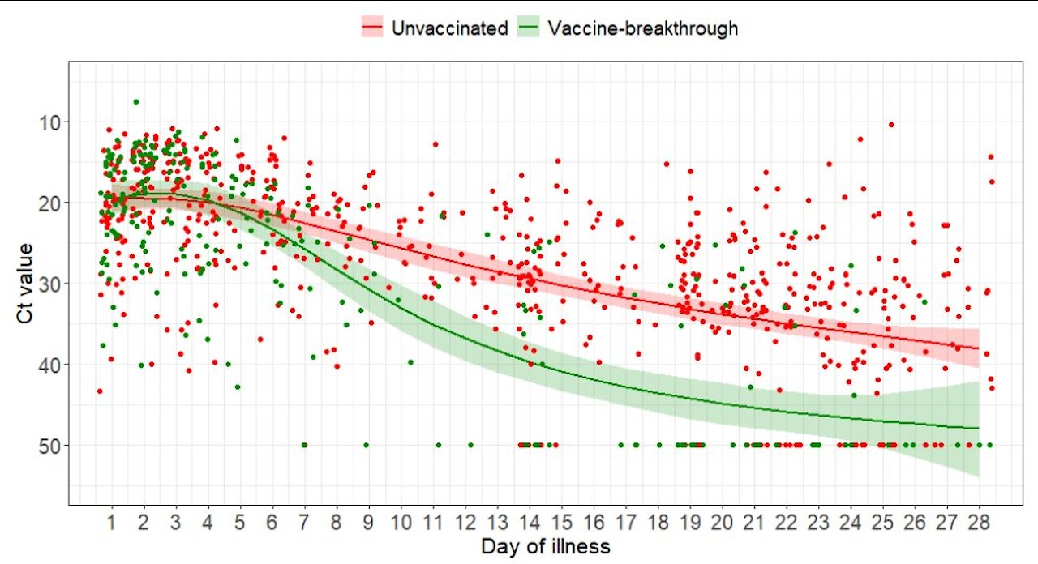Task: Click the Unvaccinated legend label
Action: pyautogui.click(x=449, y=28)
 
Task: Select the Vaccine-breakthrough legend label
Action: pyautogui.click(x=643, y=28)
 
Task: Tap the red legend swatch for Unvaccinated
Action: pyautogui.click(x=373, y=28)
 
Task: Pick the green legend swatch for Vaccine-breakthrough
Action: pyautogui.click(x=529, y=28)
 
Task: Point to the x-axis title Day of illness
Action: pyautogui.click(x=545, y=546)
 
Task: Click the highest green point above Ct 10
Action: pyautogui.click(x=136, y=102)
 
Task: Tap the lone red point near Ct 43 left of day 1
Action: pyautogui.click(x=99, y=391)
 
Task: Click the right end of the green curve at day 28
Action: pyautogui.click(x=980, y=428)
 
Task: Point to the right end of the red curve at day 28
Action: pyautogui.click(x=980, y=348)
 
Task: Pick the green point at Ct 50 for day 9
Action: pyautogui.click(x=366, y=446)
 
